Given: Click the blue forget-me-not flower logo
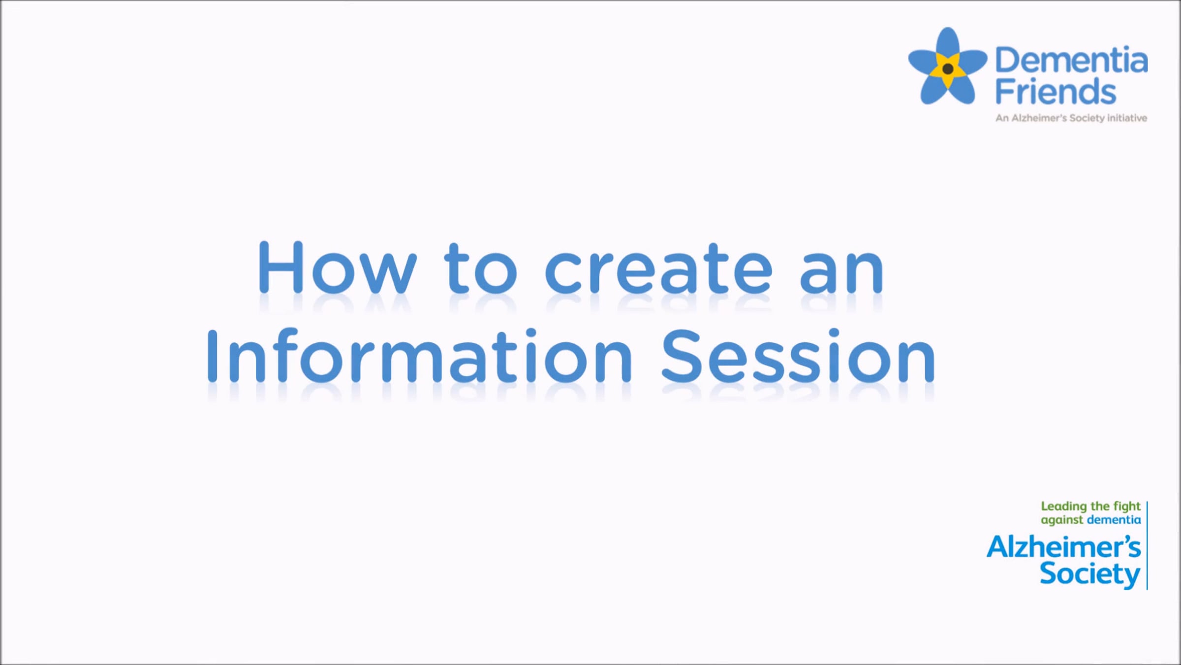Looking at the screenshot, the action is coord(948,66).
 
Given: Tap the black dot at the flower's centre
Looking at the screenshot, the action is coord(948,69).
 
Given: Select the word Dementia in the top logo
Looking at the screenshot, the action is coord(1071,60).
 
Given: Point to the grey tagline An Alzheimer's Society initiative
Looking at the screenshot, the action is coord(1071,118).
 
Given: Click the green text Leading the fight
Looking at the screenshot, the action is coord(1090,506).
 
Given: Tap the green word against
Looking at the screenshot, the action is coord(1062,520).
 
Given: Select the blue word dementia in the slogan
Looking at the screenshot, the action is coord(1114,520).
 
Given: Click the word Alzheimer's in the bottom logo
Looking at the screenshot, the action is coord(1063,547).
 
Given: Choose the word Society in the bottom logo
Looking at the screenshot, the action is coord(1090,575).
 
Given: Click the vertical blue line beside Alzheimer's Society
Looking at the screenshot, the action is coord(1147,545).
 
